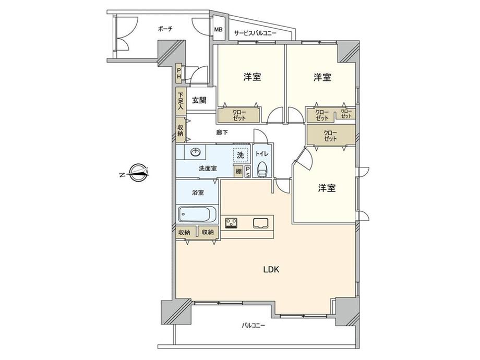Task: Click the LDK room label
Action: (x=271, y=269)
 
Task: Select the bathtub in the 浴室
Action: (x=197, y=214)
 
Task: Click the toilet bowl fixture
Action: (x=262, y=169)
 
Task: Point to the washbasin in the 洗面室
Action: (x=195, y=152)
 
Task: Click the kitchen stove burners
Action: (x=232, y=223)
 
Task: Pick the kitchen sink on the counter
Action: (x=261, y=223)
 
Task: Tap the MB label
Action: (x=218, y=30)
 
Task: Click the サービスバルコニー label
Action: (x=255, y=33)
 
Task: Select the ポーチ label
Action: (x=165, y=29)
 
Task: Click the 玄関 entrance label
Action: (x=199, y=100)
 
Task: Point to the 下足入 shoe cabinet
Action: (x=181, y=101)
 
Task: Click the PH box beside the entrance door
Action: (x=179, y=74)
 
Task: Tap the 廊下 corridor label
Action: (x=222, y=132)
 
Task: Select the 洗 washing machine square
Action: (x=241, y=155)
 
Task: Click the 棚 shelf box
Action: (x=238, y=172)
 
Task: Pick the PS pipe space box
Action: (x=248, y=172)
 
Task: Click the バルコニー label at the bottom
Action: (x=254, y=326)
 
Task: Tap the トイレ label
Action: (x=262, y=154)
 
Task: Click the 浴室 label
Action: (x=198, y=193)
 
